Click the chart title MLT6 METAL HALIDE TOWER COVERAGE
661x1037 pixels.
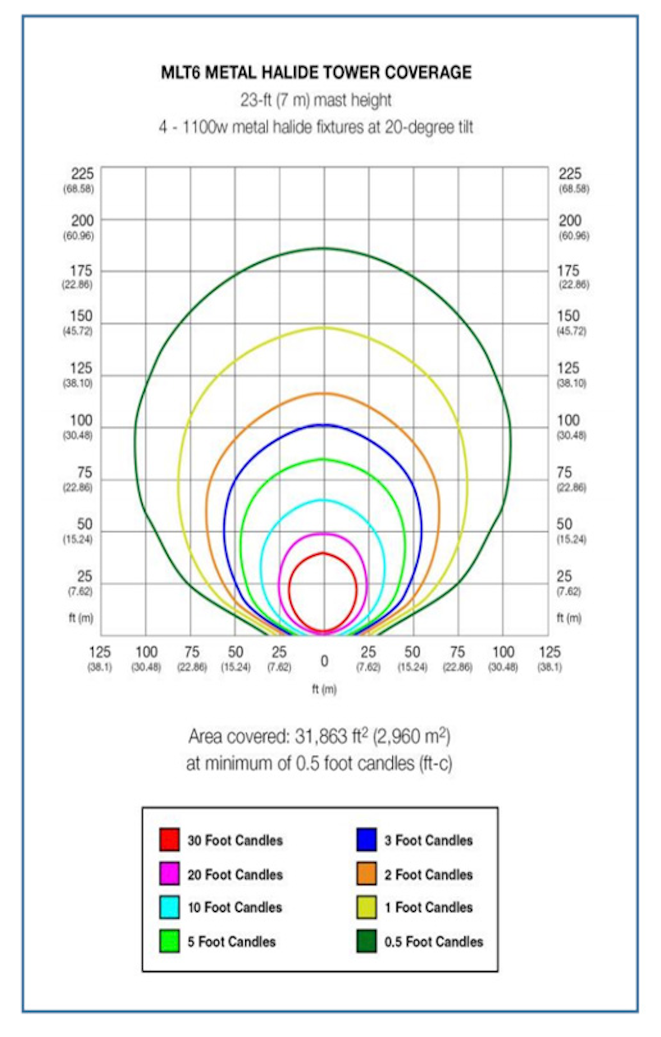point(316,72)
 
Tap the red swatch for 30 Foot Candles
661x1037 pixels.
point(169,840)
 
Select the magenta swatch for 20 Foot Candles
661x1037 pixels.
point(169,874)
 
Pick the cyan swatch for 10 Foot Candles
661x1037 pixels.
point(169,907)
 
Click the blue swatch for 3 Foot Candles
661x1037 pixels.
point(366,840)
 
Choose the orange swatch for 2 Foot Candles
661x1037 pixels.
point(366,874)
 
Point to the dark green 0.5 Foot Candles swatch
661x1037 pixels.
point(366,942)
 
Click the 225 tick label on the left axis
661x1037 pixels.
point(82,174)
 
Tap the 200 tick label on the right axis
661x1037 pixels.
point(570,221)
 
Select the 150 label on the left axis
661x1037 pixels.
point(81,316)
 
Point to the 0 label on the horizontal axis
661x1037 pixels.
point(324,661)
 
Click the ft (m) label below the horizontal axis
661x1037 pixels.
point(324,689)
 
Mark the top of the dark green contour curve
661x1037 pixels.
point(324,248)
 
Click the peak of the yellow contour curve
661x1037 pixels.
point(324,328)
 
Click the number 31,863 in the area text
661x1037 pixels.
point(320,737)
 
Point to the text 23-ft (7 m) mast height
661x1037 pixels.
point(316,100)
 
